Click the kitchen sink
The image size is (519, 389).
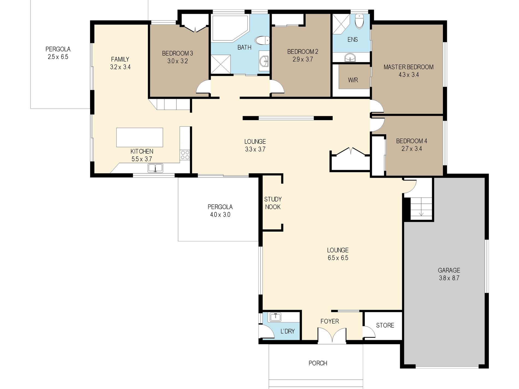pyautogui.click(x=155, y=168)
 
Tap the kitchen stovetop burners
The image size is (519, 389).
pyautogui.click(x=185, y=155)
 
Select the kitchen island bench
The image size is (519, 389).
pyautogui.click(x=140, y=137)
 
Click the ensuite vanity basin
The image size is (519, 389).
pyautogui.click(x=350, y=58)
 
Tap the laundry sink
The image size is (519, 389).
pyautogui.click(x=276, y=317)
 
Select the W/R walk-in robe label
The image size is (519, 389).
pyautogui.click(x=353, y=80)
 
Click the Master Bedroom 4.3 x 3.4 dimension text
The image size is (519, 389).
pyautogui.click(x=409, y=75)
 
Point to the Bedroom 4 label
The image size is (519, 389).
pyautogui.click(x=411, y=141)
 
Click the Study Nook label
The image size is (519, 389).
pyautogui.click(x=273, y=203)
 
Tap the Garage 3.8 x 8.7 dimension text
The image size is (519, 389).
pyautogui.click(x=449, y=278)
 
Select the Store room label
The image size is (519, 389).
pyautogui.click(x=385, y=325)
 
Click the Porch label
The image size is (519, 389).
pyautogui.click(x=318, y=363)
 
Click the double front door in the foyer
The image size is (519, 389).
pyautogui.click(x=332, y=335)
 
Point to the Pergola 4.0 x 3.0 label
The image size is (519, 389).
pyautogui.click(x=220, y=211)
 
